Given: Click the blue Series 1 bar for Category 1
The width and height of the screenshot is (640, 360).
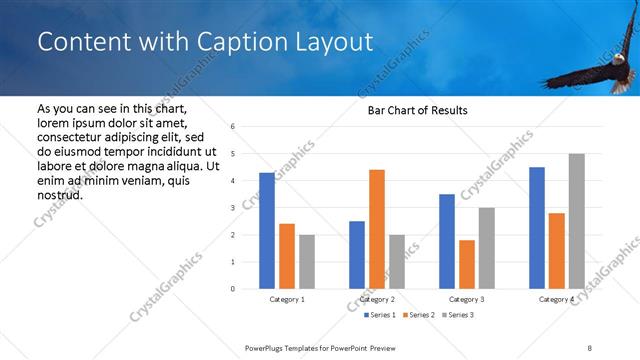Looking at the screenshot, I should pos(267,231).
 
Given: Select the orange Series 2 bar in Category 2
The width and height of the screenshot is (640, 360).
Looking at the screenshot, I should pos(377,229).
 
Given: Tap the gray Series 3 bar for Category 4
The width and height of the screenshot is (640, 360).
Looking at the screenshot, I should pos(577,221).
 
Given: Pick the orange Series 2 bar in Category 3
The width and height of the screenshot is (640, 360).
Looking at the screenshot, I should pos(467,264).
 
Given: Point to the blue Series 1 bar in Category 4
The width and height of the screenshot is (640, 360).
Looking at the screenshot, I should pos(537,228).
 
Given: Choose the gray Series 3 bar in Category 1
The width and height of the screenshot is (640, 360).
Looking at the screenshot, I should pos(307,262).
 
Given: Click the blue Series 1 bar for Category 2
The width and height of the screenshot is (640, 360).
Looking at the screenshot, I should pos(357,255).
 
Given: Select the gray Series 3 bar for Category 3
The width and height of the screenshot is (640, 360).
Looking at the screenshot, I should pos(487,248).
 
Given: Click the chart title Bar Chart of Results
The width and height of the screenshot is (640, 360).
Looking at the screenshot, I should pos(412,110).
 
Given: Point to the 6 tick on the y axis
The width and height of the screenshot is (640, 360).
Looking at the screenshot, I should pos(232,127).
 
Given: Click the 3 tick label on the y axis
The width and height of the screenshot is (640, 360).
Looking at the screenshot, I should pos(232,208).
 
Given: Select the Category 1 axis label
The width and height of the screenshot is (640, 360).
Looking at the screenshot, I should pos(288,299).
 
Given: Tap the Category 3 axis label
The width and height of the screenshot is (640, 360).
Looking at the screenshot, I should pos(467,299).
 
